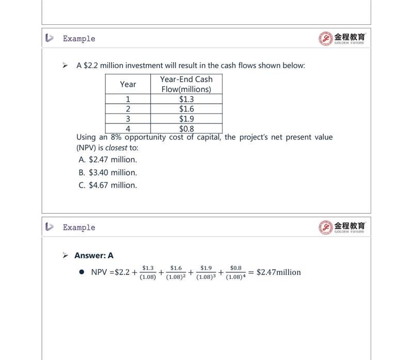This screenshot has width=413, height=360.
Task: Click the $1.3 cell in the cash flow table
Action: [x=186, y=99]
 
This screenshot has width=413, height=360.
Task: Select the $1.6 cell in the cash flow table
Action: [x=186, y=109]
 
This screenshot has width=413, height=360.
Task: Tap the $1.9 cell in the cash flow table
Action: [x=186, y=119]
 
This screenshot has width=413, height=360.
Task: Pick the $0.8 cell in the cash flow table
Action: [x=186, y=129]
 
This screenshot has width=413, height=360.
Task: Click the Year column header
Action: [x=128, y=84]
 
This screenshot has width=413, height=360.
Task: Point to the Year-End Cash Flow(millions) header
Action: [x=186, y=84]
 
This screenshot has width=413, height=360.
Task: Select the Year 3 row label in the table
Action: [x=128, y=119]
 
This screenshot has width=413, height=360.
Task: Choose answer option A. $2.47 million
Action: [x=108, y=160]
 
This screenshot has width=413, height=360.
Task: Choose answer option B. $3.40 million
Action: [x=108, y=173]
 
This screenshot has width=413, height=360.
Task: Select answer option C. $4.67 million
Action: [x=108, y=185]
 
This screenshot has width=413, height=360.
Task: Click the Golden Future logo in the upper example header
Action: [x=342, y=38]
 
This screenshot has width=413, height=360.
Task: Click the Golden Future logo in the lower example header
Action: [x=342, y=227]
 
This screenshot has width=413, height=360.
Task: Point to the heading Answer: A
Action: [x=94, y=256]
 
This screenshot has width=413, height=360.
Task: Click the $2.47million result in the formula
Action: [x=278, y=272]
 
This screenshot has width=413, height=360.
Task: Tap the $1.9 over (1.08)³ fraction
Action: [x=206, y=272]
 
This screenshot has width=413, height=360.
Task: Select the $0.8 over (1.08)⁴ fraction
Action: [x=235, y=272]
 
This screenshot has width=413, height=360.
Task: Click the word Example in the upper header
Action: [x=79, y=39]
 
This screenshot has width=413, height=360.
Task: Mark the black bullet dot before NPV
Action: [x=82, y=272]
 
